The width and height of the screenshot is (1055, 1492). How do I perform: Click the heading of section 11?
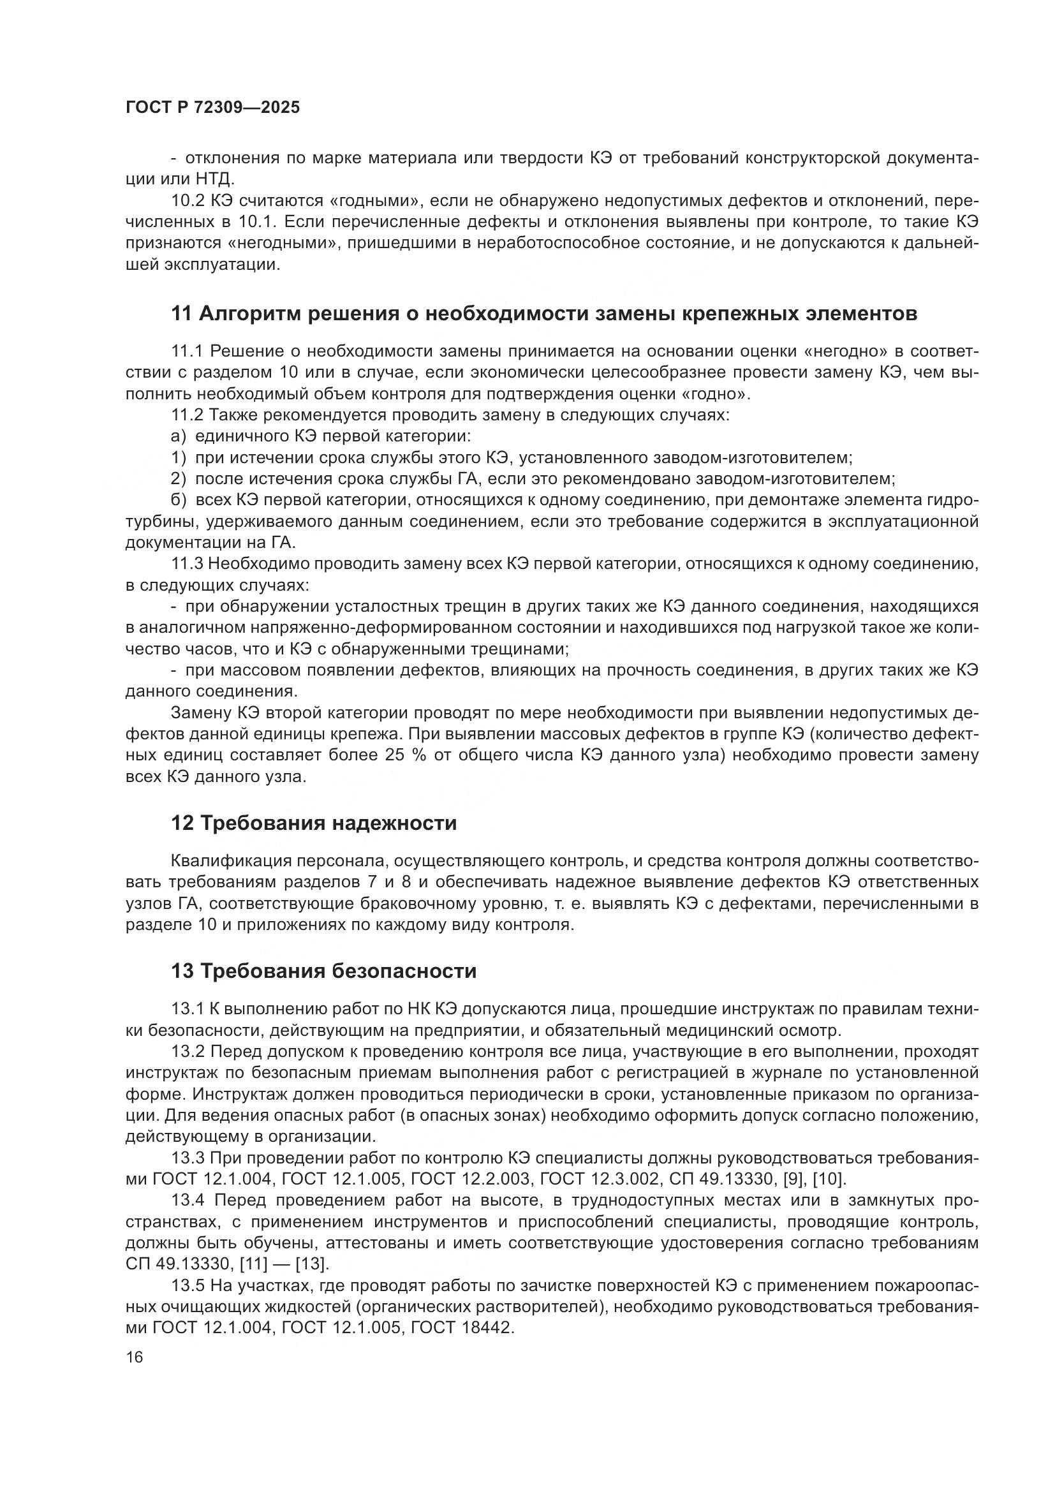543,314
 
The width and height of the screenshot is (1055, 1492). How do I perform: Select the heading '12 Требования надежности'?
314,824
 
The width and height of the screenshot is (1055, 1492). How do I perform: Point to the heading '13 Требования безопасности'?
323,971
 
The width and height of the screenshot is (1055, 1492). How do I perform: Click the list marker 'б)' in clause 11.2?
179,500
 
